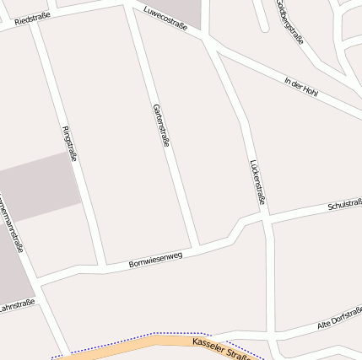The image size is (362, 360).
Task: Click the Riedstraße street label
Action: point(33,18)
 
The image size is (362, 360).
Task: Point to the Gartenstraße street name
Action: point(161,125)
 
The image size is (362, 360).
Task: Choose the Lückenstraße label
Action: point(258,181)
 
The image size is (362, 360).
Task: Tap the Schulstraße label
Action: point(344,205)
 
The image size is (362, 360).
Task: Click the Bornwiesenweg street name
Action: point(155,259)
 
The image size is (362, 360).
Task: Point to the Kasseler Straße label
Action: point(222,349)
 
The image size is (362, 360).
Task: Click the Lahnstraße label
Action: point(17,304)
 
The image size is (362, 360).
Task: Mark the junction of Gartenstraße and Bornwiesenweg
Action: point(195,249)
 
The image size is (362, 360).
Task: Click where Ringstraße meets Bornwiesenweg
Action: point(103,267)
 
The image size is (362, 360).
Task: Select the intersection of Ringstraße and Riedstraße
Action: point(34,25)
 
